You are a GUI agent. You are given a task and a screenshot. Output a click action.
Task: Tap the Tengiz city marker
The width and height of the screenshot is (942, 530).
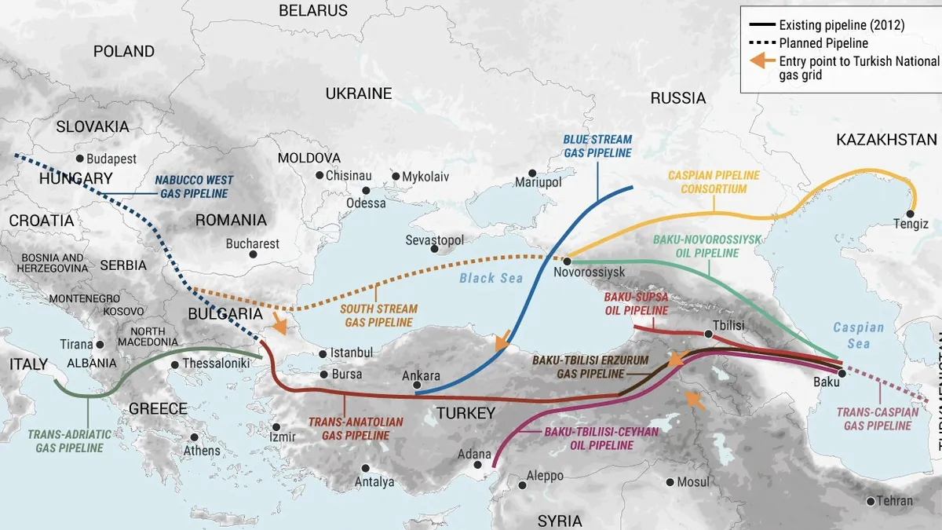click(911, 214)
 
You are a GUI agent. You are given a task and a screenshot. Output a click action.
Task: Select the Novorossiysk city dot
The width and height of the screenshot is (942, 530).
click(566, 260)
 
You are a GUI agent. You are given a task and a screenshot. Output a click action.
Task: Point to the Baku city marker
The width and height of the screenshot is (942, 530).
click(840, 372)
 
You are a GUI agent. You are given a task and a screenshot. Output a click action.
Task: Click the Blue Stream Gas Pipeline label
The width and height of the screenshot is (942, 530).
click(597, 146)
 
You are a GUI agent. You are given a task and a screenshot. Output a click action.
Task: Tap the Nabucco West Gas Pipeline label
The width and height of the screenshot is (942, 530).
click(194, 187)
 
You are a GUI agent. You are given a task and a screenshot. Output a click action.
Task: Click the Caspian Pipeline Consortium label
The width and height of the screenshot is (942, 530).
click(714, 182)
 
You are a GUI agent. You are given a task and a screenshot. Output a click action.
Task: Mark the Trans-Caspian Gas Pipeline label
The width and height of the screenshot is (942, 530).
click(878, 419)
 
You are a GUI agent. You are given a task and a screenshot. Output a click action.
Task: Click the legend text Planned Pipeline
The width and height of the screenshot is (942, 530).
click(823, 43)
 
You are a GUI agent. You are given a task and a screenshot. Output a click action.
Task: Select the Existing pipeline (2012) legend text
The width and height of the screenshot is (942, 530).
click(842, 25)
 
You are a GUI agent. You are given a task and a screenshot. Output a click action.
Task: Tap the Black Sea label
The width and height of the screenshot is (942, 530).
click(491, 278)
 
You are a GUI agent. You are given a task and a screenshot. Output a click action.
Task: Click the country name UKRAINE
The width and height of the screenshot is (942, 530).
click(359, 93)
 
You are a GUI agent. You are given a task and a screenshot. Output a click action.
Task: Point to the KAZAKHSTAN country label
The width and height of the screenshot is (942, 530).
click(886, 140)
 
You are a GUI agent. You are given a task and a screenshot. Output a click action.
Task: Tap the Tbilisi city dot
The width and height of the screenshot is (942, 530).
click(708, 334)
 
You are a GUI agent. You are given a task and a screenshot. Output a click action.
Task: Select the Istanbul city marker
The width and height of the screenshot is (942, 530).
click(322, 353)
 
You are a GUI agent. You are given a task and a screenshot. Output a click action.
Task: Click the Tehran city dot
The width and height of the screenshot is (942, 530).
click(870, 501)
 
